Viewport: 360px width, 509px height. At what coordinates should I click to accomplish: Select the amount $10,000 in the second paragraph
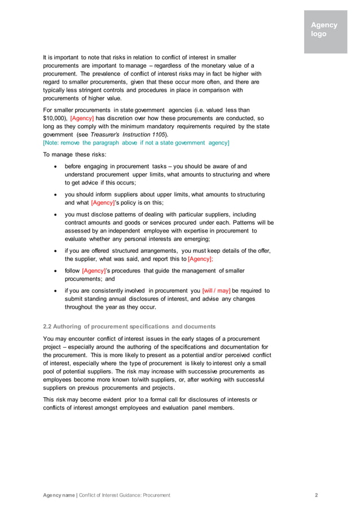click(55, 118)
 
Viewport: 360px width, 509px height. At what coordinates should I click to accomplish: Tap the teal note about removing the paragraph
click(136, 143)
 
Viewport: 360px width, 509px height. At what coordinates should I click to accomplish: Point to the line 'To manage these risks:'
click(73, 155)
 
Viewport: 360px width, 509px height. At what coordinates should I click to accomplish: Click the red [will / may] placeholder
click(216, 291)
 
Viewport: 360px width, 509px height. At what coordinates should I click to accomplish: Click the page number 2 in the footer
click(316, 495)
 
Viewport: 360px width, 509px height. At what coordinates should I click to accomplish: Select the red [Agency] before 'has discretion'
click(82, 118)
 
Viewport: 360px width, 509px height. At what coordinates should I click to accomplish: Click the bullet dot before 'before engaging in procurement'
click(54, 166)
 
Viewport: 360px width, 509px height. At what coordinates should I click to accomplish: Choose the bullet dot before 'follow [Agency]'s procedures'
click(54, 271)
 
